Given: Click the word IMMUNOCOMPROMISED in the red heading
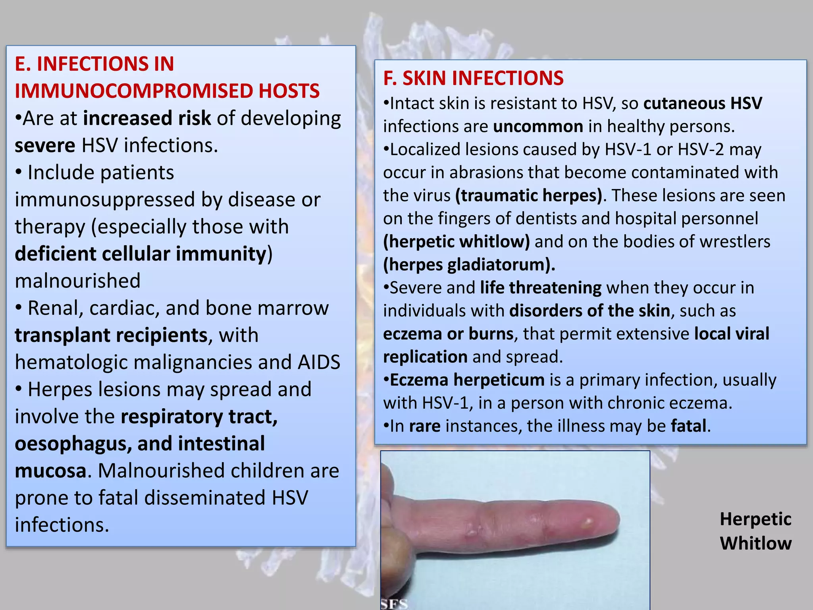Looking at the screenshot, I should click(133, 91).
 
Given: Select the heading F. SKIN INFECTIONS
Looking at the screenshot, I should click(473, 78).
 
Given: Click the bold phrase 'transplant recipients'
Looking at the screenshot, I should click(111, 335).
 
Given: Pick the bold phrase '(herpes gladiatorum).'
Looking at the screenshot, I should click(469, 264).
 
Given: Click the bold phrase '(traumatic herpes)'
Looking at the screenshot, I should click(528, 195).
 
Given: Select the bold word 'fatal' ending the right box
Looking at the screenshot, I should click(689, 426).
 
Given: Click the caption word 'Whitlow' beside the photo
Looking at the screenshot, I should click(755, 543).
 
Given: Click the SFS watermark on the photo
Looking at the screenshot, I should click(394, 604).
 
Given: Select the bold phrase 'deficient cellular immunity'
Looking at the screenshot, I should click(141, 254).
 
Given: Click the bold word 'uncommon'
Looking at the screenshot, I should click(538, 126).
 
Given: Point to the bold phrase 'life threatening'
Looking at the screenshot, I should click(540, 288).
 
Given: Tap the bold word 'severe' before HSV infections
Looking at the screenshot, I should click(45, 145).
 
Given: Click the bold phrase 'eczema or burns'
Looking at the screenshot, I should click(448, 334).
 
